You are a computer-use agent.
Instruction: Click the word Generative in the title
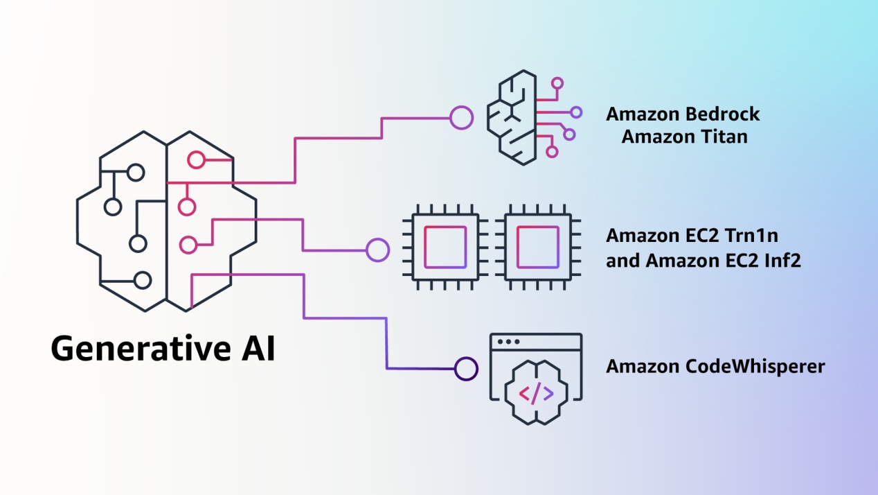(138, 348)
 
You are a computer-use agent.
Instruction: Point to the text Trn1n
(751, 236)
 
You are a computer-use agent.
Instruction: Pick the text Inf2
(782, 261)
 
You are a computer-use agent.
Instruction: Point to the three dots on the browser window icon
(508, 342)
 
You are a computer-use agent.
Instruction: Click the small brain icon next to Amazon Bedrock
(512, 117)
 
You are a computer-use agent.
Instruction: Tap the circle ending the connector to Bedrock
(461, 118)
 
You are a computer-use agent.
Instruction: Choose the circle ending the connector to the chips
(377, 250)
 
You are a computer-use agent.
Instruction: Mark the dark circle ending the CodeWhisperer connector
(467, 368)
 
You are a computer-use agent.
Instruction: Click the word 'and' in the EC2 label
(622, 261)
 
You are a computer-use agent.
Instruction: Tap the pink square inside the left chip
(445, 247)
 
